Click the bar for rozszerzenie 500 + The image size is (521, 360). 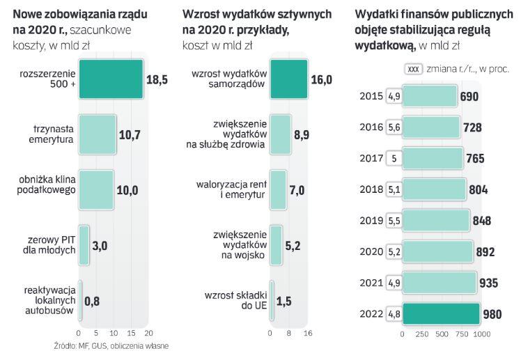pyautogui.click(x=110, y=79)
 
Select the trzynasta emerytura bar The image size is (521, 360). pyautogui.click(x=97, y=134)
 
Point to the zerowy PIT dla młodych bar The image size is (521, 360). pyautogui.click(x=84, y=244)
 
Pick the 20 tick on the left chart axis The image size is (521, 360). pyautogui.click(x=148, y=333)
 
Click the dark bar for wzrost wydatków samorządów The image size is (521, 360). pyautogui.click(x=289, y=79)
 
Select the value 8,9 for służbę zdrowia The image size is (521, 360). pyautogui.click(x=302, y=134)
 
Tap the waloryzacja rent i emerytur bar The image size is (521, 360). pyautogui.click(x=278, y=189)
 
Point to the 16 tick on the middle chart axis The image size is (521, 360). pyautogui.click(x=308, y=333)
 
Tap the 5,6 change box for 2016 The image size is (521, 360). pyautogui.click(x=394, y=127)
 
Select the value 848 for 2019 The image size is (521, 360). pyautogui.click(x=481, y=221)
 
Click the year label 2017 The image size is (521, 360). pyautogui.click(x=371, y=158)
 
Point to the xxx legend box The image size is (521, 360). pyautogui.click(x=413, y=69)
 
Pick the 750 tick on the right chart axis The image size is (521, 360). pyautogui.click(x=460, y=334)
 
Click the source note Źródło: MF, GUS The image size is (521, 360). pyautogui.click(x=111, y=345)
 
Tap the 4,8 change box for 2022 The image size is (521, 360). pyautogui.click(x=394, y=313)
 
